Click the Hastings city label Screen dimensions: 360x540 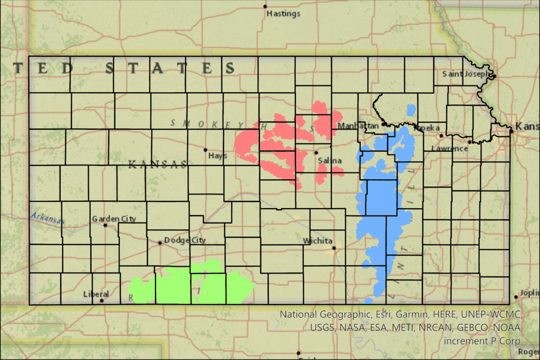[284, 13]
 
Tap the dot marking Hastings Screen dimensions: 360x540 [265, 6]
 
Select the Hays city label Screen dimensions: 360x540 [217, 156]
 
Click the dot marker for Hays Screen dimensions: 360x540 [206, 150]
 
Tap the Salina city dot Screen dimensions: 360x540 [316, 153]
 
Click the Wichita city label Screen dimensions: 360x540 [317, 241]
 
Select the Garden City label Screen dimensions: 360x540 [114, 218]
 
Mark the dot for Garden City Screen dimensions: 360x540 [105, 226]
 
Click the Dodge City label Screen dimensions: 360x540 [185, 240]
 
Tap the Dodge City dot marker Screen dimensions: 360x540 [160, 243]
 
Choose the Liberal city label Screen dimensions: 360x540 [96, 294]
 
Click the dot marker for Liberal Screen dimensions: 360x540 [101, 300]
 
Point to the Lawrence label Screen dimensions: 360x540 [449, 149]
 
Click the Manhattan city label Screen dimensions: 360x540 [358, 127]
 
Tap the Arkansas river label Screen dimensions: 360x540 [46, 218]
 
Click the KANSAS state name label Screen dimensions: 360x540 [157, 165]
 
